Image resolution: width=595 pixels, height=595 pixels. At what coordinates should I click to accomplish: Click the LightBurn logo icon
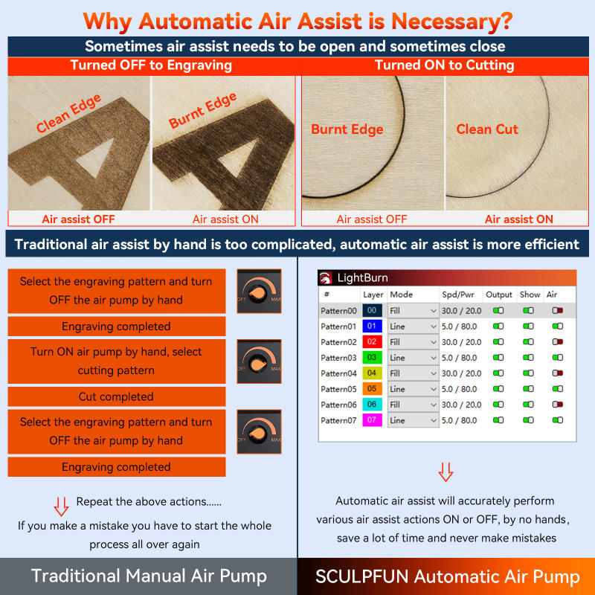coord(326,278)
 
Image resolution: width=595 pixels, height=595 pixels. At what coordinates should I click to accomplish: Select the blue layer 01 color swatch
coord(373,326)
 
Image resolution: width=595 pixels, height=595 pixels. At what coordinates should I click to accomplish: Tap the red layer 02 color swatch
coord(373,341)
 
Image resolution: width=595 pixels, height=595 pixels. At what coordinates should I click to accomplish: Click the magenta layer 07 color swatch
coord(373,420)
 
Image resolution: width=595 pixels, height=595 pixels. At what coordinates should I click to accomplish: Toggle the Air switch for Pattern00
coord(557,310)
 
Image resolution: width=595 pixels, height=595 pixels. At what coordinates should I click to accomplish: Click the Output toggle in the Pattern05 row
coord(498,389)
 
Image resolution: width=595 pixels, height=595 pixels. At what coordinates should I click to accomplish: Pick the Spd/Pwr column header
coord(457,295)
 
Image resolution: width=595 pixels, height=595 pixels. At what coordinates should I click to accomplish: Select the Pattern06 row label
coord(339,405)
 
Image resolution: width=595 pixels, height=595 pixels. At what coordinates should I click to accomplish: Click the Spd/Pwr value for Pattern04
coord(461,373)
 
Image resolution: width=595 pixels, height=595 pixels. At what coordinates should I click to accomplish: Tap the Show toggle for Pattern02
coord(528,342)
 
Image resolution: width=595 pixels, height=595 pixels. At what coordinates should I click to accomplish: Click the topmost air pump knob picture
coord(259,292)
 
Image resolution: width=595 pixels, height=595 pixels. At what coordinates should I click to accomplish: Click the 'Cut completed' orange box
coord(116,396)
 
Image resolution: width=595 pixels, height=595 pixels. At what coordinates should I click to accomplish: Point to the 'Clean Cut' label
coord(487,129)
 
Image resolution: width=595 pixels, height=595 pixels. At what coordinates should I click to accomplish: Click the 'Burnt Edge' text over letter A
coord(203,111)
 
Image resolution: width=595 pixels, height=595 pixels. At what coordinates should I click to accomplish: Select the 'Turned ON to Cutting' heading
coord(444,65)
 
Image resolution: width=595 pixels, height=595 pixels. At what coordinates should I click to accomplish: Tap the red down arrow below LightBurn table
coord(446,472)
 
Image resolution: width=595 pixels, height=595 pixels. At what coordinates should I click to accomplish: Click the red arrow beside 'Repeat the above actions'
coord(61,506)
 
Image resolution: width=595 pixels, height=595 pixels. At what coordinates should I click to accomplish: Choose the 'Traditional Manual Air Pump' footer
coord(149,576)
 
